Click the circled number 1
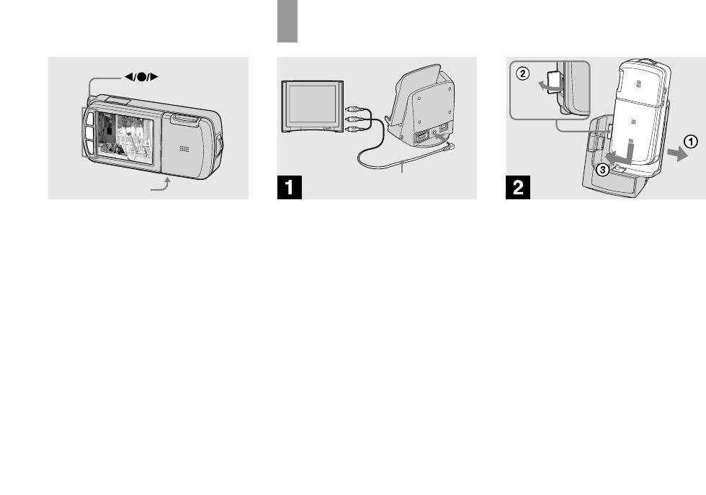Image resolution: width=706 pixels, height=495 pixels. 690,142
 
